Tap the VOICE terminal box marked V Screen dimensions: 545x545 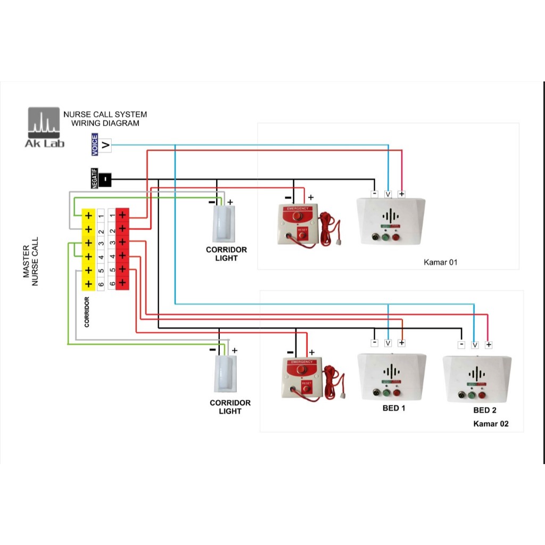(105, 145)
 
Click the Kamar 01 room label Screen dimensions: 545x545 (440, 262)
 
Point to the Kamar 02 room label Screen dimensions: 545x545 (491, 424)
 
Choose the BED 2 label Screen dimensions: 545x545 (485, 410)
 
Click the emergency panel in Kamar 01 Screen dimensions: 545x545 (298, 224)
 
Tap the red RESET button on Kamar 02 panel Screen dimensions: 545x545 (306, 387)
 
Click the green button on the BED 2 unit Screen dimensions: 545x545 (471, 395)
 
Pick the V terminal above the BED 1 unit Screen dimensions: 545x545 (388, 343)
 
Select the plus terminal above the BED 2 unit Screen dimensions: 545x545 (489, 345)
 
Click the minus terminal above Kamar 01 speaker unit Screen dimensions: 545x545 (375, 194)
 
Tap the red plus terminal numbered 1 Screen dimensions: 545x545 (122, 215)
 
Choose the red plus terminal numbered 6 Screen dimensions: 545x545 (122, 283)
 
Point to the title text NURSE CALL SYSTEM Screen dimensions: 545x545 (105, 114)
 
